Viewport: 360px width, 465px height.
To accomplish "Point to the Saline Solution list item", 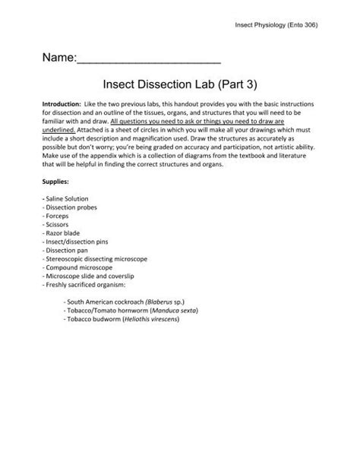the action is [x=69, y=199].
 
